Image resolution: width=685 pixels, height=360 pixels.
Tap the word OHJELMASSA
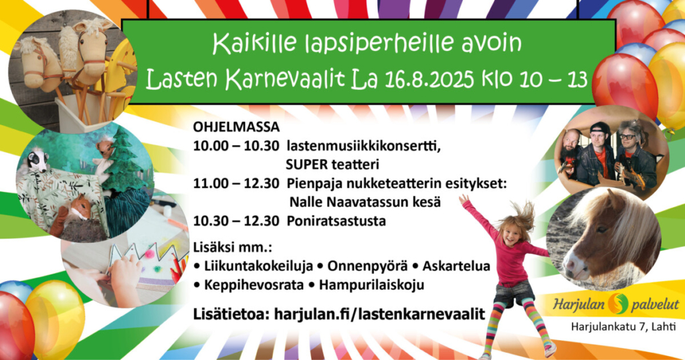(x=236, y=127)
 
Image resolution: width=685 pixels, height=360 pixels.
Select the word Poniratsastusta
(x=336, y=221)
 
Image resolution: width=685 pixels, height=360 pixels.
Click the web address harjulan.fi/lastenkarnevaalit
(x=380, y=314)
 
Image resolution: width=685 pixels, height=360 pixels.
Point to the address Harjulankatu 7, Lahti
(x=623, y=327)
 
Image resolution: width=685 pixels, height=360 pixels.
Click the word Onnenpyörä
(x=367, y=266)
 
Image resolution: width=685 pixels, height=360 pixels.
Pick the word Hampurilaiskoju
(x=371, y=285)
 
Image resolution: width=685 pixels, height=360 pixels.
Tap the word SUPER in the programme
(x=306, y=165)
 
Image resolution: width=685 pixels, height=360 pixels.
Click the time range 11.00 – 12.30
(x=236, y=183)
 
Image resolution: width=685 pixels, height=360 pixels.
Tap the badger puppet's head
(x=38, y=160)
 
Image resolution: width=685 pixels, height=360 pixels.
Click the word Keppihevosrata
(x=254, y=285)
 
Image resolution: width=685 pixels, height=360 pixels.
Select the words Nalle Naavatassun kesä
(x=365, y=202)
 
